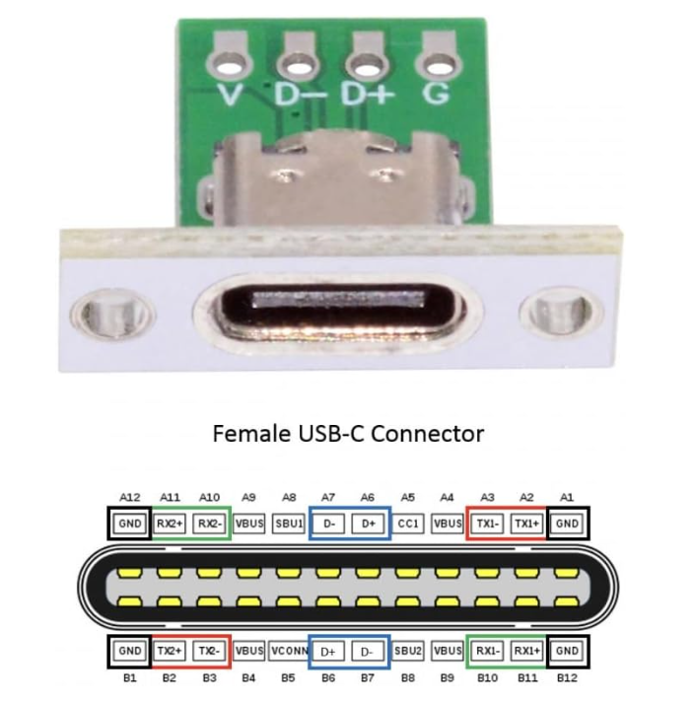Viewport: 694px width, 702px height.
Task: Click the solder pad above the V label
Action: [x=230, y=64]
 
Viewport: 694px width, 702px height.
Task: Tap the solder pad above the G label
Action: [x=434, y=64]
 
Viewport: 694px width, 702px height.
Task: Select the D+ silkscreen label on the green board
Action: [x=365, y=96]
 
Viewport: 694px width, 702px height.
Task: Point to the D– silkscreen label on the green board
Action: [x=297, y=96]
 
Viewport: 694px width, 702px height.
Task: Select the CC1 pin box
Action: [x=408, y=523]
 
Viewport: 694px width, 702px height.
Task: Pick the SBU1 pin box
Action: [x=288, y=523]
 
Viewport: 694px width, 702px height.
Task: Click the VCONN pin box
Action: [x=288, y=652]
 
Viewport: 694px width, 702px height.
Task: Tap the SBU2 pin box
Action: [x=408, y=652]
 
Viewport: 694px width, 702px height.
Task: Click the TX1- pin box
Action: [x=488, y=523]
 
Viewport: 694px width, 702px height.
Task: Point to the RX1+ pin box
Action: [x=527, y=652]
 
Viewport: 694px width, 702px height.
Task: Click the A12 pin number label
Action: [x=128, y=498]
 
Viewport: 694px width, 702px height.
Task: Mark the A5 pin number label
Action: [x=408, y=498]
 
